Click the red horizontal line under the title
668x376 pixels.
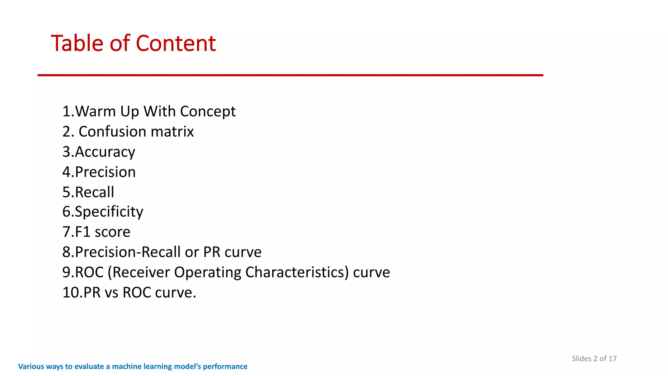coord(290,75)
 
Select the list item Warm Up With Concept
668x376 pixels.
coord(149,111)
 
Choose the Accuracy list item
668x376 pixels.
coord(99,152)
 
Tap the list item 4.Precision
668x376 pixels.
coord(99,172)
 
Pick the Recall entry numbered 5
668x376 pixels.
coord(88,192)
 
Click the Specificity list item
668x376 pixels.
coord(102,212)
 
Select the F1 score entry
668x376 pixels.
coord(96,232)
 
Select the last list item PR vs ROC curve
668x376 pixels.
coord(129,292)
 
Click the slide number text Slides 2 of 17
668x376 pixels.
coord(594,358)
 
